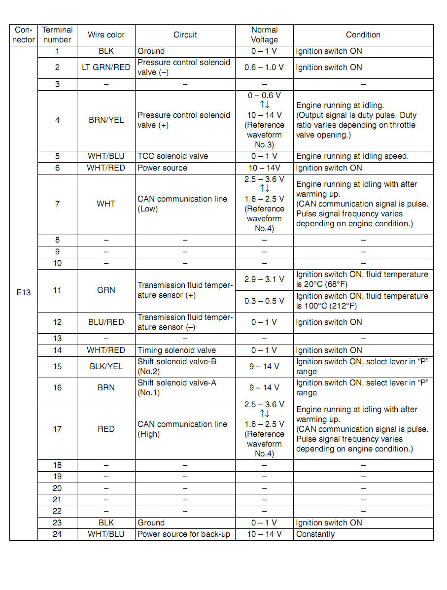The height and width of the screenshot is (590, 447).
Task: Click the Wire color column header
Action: pyautogui.click(x=106, y=35)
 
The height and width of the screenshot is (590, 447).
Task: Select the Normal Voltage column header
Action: pyautogui.click(x=264, y=35)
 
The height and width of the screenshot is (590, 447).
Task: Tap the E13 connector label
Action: pyautogui.click(x=23, y=293)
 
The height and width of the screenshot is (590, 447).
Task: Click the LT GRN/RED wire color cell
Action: pyautogui.click(x=106, y=68)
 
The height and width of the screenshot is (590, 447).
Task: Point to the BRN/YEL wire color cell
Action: pyautogui.click(x=106, y=120)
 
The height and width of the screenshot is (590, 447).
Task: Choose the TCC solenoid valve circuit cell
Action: pyautogui.click(x=172, y=156)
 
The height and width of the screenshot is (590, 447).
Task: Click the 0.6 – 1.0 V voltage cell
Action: pyautogui.click(x=264, y=68)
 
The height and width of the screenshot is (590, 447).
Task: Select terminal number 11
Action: pyautogui.click(x=57, y=290)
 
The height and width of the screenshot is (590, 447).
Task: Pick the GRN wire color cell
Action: pyautogui.click(x=106, y=290)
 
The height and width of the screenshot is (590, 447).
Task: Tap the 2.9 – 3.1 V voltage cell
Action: pyautogui.click(x=264, y=279)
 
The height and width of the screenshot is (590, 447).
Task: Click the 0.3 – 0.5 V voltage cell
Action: pyautogui.click(x=264, y=301)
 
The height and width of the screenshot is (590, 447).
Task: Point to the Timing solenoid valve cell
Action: pyautogui.click(x=176, y=350)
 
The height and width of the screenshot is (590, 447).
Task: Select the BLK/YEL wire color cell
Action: pyautogui.click(x=106, y=367)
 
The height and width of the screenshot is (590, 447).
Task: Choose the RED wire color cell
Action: pyautogui.click(x=106, y=429)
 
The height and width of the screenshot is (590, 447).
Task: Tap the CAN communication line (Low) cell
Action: pyautogui.click(x=182, y=204)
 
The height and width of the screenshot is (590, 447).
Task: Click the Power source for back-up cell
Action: pyautogui.click(x=184, y=534)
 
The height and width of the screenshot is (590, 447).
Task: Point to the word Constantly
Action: pyautogui.click(x=315, y=534)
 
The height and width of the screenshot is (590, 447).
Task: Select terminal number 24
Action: pyautogui.click(x=57, y=534)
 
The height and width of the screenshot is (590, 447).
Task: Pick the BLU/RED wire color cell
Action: pyautogui.click(x=106, y=322)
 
